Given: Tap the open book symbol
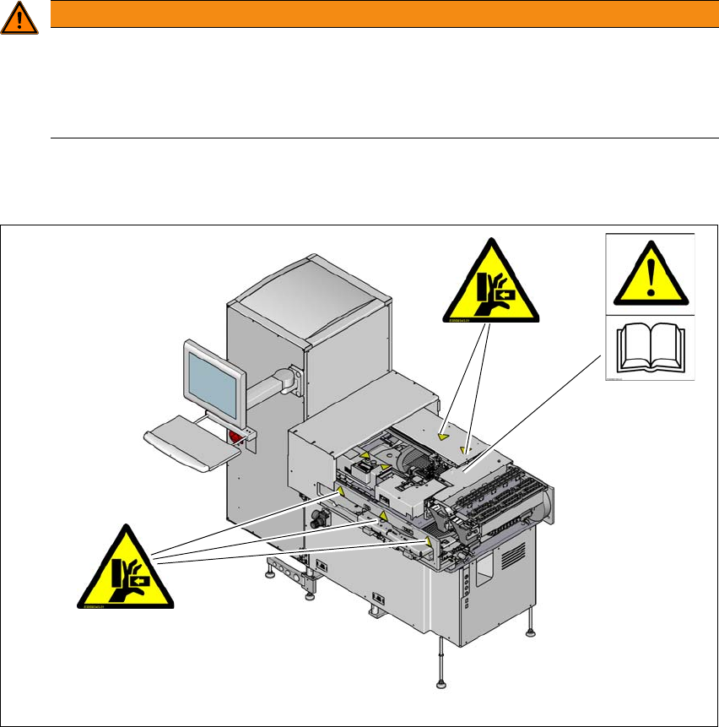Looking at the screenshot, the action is pos(649,349).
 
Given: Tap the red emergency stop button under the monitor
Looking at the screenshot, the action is pos(235,435).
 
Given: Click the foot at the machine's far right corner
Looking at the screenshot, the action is pos(531,630).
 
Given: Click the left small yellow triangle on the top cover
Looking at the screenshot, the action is pos(444,437).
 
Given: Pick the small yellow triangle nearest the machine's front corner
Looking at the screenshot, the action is pos(427,542).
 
